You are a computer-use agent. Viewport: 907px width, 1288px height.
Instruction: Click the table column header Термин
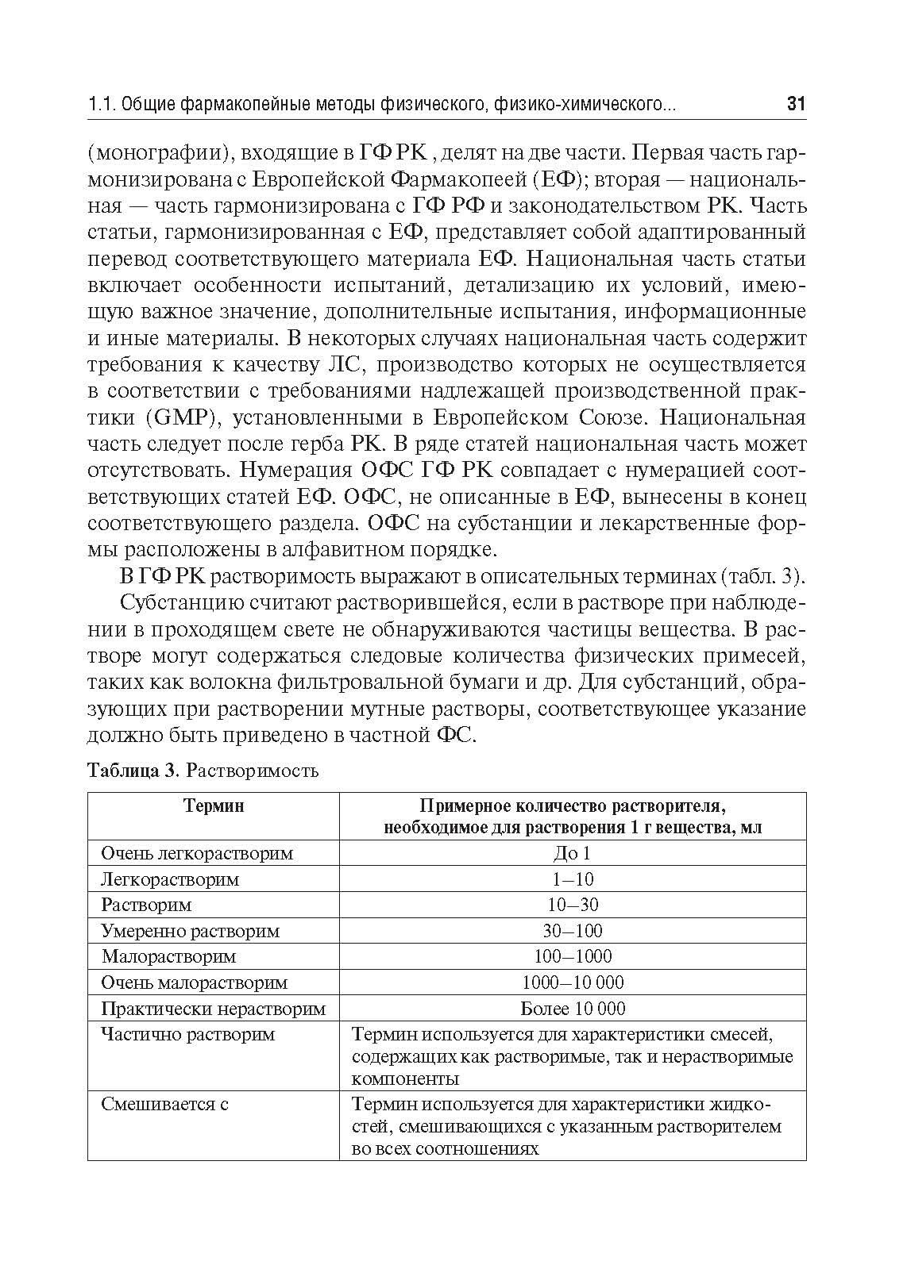(213, 805)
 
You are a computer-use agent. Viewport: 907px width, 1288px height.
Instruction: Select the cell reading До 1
(572, 853)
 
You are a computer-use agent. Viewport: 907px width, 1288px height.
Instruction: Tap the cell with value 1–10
(573, 879)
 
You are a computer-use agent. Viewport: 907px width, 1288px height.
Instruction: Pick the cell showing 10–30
(573, 905)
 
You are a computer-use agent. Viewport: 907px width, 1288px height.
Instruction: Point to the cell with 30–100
(573, 931)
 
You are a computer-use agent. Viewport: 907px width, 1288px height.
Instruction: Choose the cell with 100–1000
(573, 956)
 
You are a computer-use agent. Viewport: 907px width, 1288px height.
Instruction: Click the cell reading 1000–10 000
(573, 982)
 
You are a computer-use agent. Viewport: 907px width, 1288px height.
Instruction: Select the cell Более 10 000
(573, 1009)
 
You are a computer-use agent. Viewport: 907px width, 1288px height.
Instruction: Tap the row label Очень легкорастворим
(197, 853)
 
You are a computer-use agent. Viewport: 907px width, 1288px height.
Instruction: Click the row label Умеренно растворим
(191, 931)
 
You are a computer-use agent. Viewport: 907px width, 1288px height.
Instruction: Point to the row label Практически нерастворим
(213, 1009)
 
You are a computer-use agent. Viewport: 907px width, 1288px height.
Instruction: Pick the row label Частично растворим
(188, 1035)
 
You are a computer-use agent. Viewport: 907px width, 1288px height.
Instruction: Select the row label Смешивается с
(165, 1104)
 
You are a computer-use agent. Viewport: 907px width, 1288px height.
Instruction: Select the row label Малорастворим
(168, 957)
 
